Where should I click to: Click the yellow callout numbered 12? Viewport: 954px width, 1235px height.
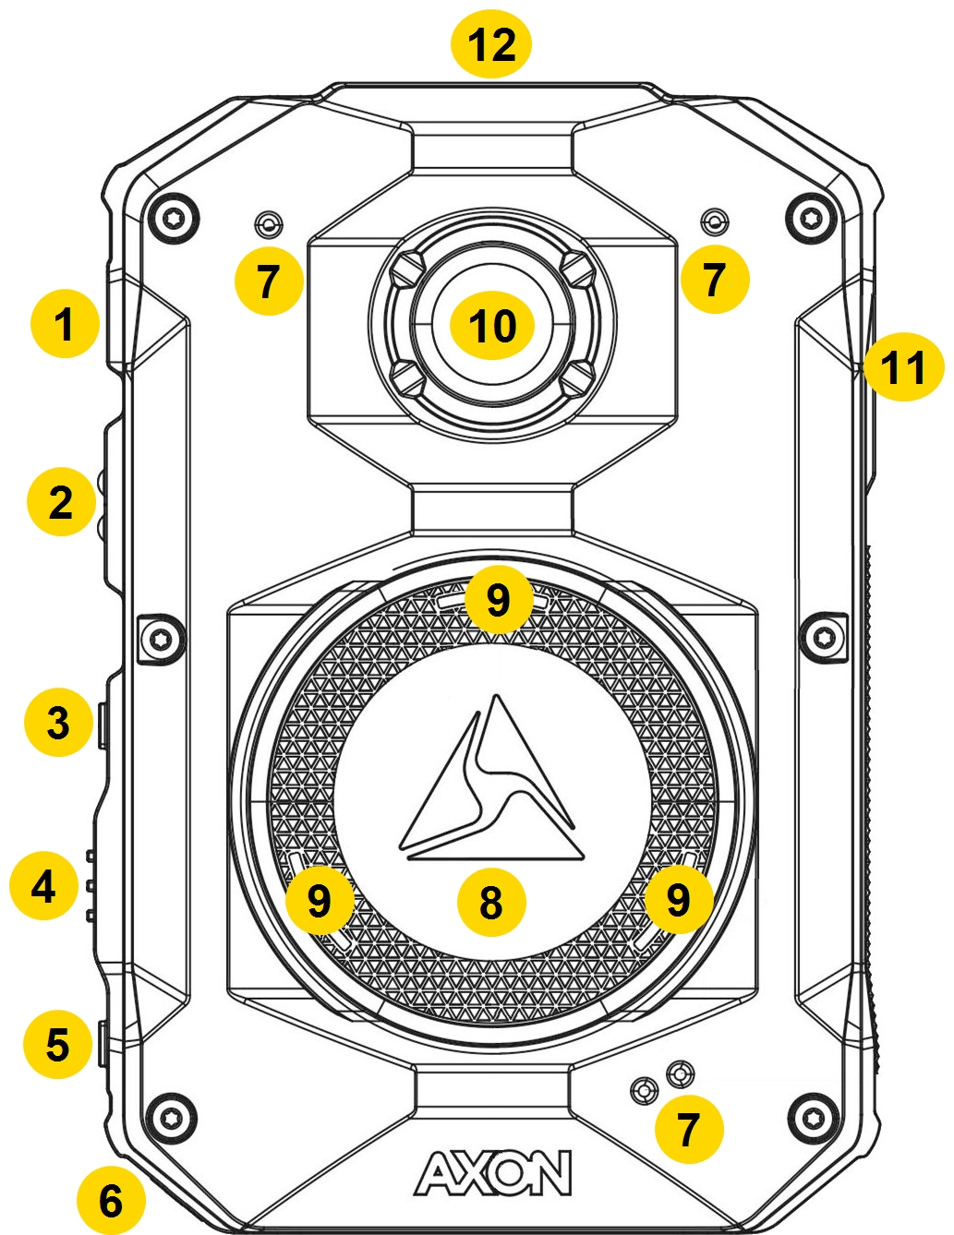pos(490,44)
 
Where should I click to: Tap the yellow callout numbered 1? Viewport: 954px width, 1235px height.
pos(64,325)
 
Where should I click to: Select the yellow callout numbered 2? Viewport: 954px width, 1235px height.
pos(61,502)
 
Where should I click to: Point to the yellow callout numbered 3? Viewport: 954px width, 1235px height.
pos(58,722)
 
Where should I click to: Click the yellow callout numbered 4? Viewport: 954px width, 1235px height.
pos(44,887)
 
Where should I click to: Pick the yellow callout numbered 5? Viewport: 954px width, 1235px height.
pos(58,1045)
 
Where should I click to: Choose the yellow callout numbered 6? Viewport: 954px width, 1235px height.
pos(111,1201)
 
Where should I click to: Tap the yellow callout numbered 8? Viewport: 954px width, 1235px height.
pos(491,901)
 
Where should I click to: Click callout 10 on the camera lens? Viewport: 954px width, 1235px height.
pos(491,325)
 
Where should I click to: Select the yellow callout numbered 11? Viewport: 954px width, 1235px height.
pos(902,367)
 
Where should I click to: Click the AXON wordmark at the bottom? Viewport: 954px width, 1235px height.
pos(493,1174)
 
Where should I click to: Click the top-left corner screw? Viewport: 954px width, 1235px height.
pos(173,218)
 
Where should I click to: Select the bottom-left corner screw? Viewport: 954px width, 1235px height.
pos(173,1116)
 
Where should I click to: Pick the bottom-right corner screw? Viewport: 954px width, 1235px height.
pos(812,1116)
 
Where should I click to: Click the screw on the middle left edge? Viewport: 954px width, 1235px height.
pos(160,637)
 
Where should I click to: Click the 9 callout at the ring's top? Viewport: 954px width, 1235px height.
pos(499,600)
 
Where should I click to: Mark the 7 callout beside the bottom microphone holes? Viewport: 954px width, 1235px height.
pos(688,1129)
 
